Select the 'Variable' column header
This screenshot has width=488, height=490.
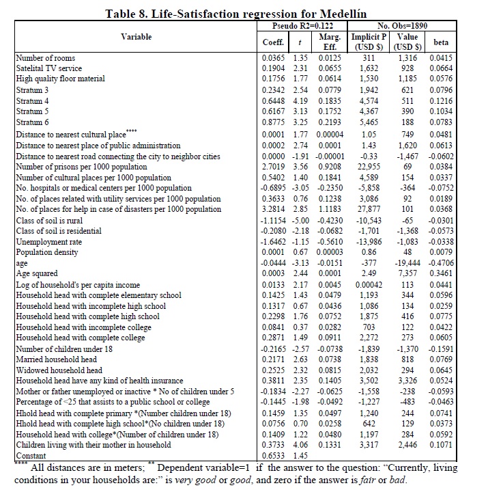(137, 37)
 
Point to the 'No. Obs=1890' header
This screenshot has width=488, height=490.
(402, 25)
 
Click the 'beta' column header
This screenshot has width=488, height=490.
(440, 42)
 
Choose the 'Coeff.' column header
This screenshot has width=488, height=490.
(273, 42)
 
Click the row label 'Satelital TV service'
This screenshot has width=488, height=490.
(48, 68)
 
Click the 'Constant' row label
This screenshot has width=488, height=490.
(31, 456)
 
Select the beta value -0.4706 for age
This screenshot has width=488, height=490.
(440, 264)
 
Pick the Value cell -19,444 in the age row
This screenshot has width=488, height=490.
(406, 264)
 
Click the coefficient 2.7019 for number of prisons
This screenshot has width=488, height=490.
(274, 166)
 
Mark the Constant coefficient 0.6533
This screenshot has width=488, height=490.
(274, 456)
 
